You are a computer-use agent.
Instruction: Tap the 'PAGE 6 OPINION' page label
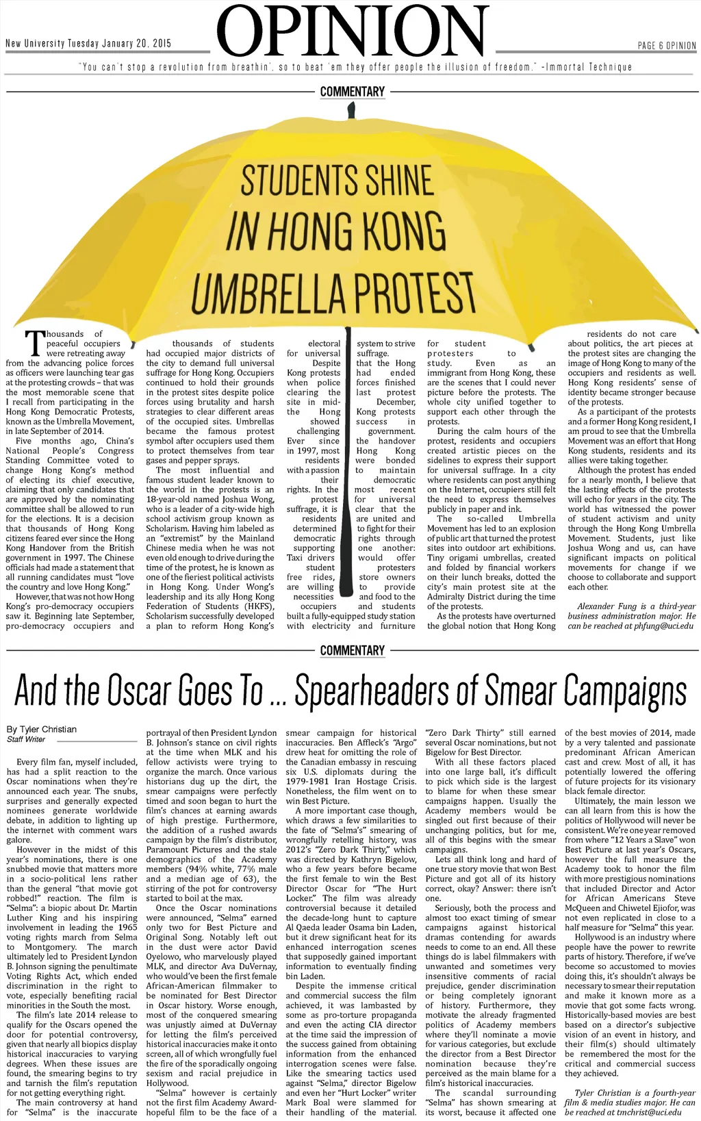click(666, 46)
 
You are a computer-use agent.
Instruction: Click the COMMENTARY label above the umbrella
click(352, 92)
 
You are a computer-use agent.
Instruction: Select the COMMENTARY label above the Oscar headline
click(352, 650)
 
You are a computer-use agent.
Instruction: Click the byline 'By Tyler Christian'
click(41, 729)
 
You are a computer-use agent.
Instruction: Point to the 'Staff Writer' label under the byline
click(26, 739)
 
